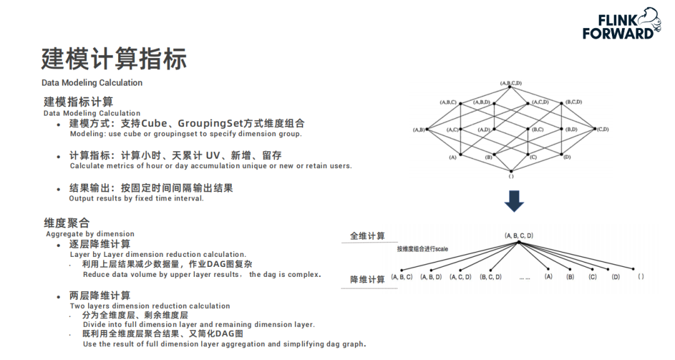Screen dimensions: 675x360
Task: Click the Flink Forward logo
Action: (x=622, y=24)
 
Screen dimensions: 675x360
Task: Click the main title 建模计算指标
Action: (x=114, y=59)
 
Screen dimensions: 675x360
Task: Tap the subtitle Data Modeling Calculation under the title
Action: (x=92, y=82)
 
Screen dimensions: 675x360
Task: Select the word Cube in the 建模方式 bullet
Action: (x=154, y=123)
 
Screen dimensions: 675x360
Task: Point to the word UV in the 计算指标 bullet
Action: (x=212, y=156)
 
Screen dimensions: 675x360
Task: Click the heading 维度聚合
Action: (x=67, y=222)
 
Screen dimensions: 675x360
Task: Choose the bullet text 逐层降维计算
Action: (x=99, y=244)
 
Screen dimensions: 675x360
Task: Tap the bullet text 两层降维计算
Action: (x=99, y=296)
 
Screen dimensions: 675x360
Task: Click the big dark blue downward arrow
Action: (x=514, y=201)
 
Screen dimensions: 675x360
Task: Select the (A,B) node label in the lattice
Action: (x=419, y=129)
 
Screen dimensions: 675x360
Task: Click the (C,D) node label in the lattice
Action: (x=603, y=129)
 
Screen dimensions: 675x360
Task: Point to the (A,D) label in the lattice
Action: (x=484, y=129)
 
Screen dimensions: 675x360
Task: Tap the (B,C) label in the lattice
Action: (x=537, y=129)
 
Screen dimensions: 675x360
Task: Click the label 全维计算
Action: (x=367, y=236)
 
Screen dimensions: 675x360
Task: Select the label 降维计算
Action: (x=367, y=279)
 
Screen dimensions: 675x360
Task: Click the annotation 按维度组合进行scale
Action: (x=422, y=249)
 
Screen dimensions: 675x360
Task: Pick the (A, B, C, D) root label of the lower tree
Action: (x=519, y=236)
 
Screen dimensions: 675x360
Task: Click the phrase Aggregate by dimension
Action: (x=91, y=234)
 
